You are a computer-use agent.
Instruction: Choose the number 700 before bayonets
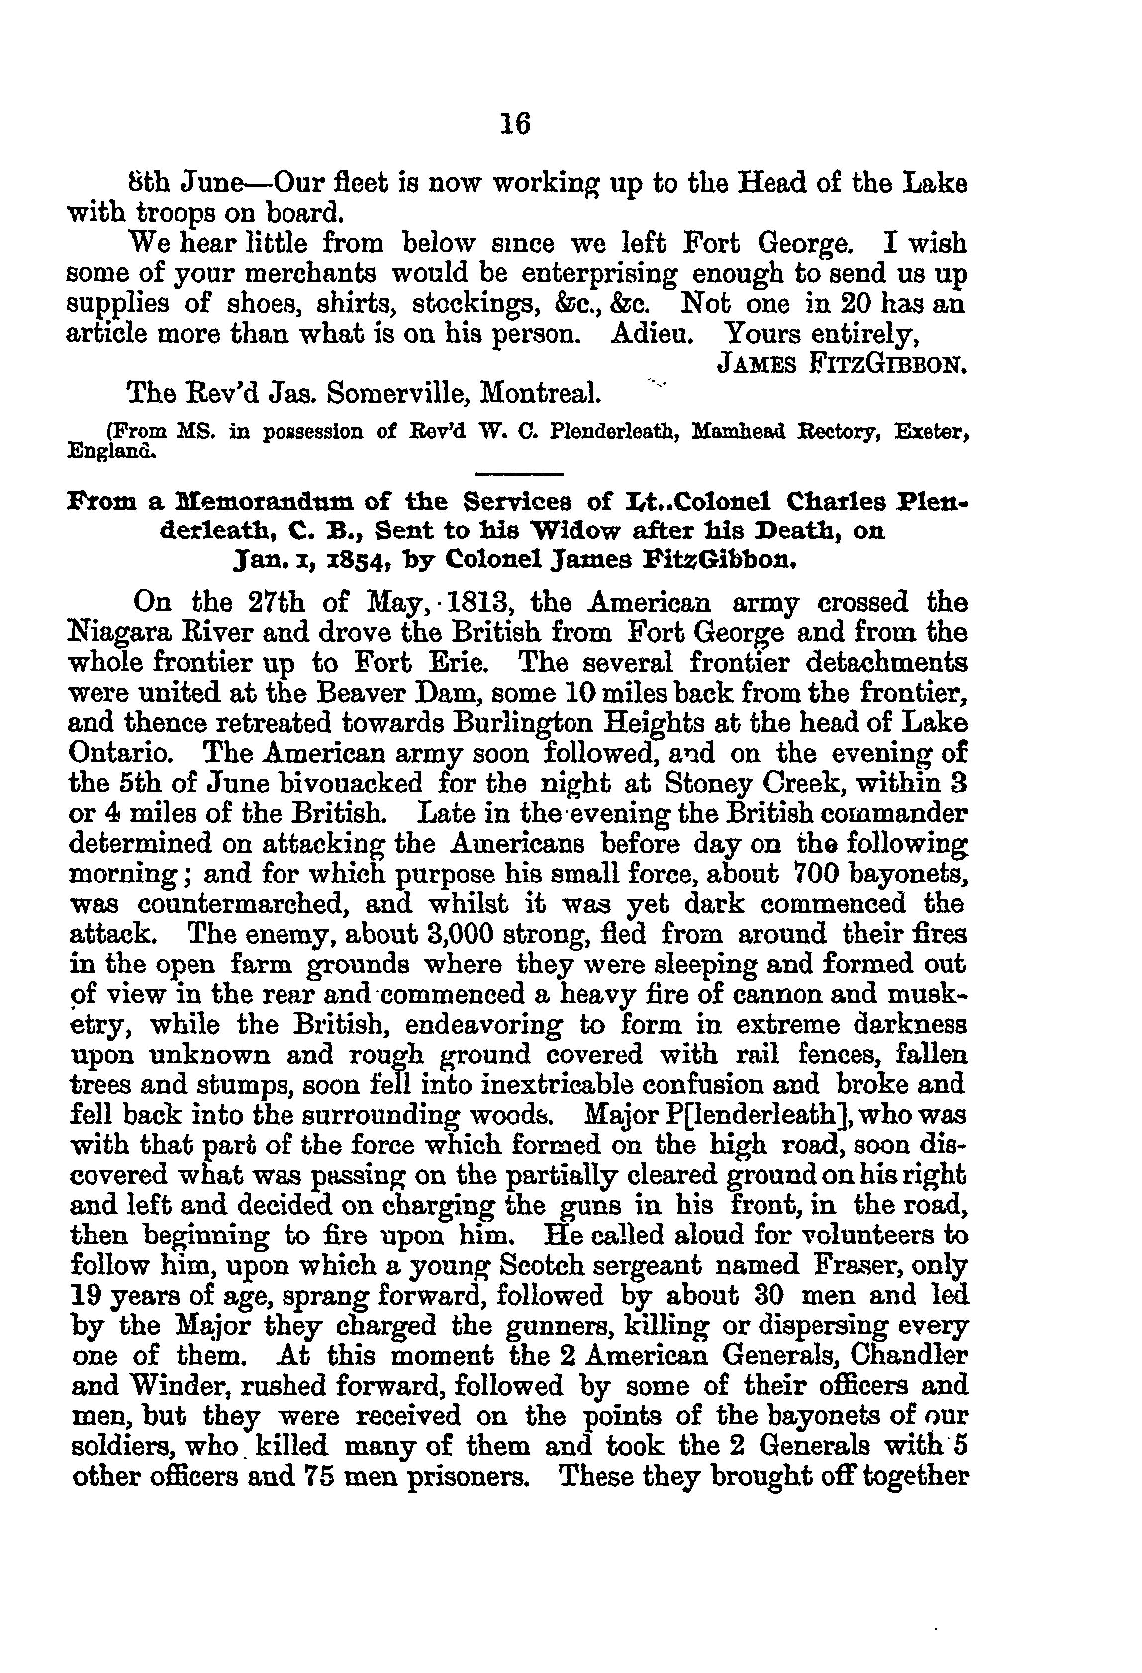814,874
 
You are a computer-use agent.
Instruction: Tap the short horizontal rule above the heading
520,474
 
